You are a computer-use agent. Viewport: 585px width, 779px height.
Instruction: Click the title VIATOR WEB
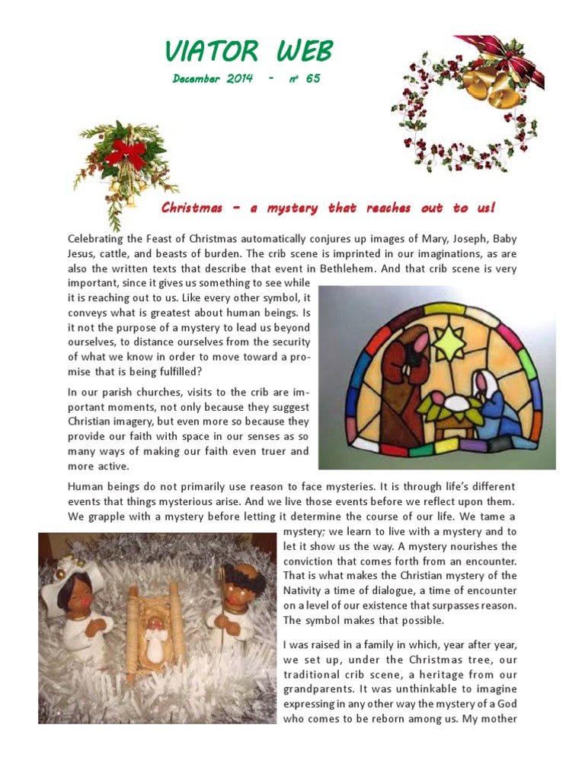(x=248, y=52)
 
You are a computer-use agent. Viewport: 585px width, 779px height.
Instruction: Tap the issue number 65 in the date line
(x=312, y=79)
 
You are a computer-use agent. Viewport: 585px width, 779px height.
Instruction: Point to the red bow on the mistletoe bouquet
(x=126, y=151)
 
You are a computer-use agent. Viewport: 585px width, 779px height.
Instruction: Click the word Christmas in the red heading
(x=191, y=208)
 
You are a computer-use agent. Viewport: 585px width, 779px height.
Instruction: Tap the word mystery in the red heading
(x=293, y=208)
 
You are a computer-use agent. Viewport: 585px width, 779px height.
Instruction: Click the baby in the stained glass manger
(x=456, y=403)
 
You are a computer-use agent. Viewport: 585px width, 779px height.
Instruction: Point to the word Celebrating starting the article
(x=98, y=239)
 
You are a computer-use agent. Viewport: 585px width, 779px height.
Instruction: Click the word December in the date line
(x=196, y=79)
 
